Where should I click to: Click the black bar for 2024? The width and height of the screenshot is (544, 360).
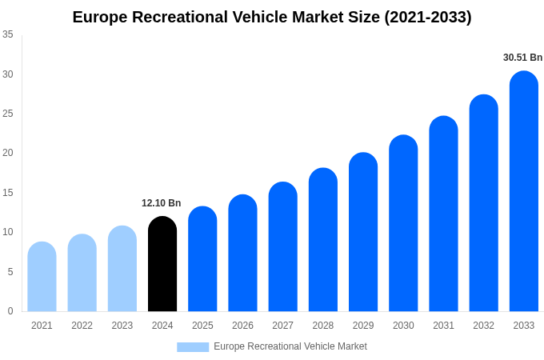(162, 264)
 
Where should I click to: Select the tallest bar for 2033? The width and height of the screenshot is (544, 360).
(524, 192)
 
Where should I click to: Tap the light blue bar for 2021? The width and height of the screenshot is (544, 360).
(42, 277)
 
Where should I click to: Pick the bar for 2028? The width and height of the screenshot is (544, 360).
(323, 240)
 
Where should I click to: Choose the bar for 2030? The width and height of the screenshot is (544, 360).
(403, 224)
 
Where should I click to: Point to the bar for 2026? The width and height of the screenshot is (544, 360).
(242, 254)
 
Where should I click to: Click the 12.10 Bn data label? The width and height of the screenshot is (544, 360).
(162, 203)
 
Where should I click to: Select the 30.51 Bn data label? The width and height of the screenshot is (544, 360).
(522, 58)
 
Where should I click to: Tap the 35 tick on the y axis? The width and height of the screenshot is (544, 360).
(8, 34)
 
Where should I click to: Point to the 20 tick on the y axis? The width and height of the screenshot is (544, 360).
(8, 153)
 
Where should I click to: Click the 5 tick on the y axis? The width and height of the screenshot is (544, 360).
(10, 272)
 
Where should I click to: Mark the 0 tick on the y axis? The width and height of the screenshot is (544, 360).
(10, 311)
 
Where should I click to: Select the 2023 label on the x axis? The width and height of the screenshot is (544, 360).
(122, 326)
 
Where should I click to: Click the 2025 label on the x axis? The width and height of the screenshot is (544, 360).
(202, 326)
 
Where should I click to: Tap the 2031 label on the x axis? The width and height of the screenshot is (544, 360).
(443, 326)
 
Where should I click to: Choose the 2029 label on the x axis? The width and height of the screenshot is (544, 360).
(363, 326)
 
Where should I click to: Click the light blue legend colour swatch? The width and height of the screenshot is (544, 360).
(193, 347)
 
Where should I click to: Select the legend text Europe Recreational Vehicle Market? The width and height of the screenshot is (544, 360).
(290, 346)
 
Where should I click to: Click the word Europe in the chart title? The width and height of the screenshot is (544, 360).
(99, 17)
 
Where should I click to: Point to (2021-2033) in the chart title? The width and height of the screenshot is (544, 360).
(427, 17)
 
